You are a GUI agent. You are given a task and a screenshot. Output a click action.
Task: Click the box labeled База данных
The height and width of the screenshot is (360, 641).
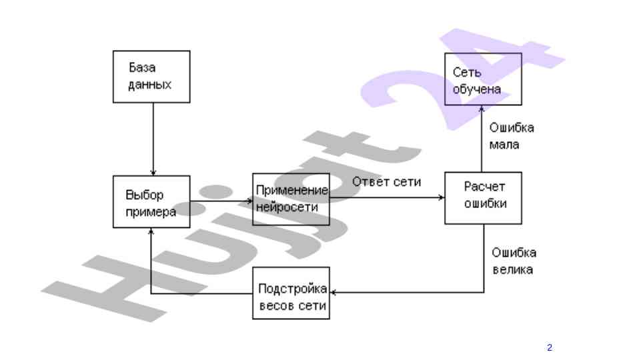coord(153,77)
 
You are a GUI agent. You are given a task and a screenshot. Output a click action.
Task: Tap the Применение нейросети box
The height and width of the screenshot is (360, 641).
coord(291,199)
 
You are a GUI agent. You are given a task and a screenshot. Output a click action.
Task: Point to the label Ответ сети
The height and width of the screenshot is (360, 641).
coord(387,182)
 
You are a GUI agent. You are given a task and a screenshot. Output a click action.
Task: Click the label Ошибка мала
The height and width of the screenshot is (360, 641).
coord(511,136)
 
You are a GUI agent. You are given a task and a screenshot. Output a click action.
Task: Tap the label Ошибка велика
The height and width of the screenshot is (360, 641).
coord(514,261)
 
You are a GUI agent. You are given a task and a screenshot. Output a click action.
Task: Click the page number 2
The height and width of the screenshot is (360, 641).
coord(550,347)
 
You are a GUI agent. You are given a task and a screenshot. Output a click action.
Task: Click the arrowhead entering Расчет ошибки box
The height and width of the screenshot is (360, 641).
coord(442,198)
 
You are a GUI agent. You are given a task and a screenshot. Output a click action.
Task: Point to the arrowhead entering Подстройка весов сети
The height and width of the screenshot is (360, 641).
coord(334,292)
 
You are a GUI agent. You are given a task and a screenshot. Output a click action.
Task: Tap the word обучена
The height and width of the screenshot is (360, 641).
coord(477,89)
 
